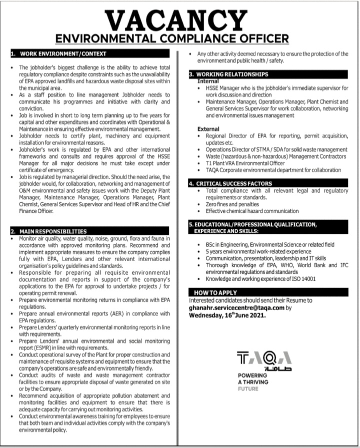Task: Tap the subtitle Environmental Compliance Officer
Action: tap(179, 38)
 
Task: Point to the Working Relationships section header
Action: tap(230, 74)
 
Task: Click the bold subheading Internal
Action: tap(208, 80)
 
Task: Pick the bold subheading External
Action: tap(209, 129)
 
